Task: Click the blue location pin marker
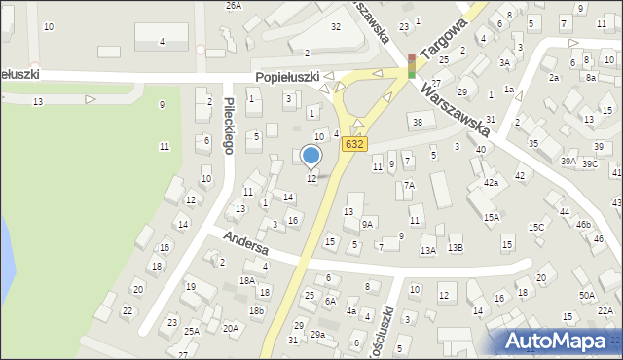click(311, 155)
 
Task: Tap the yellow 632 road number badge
click(354, 143)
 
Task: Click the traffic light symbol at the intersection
click(412, 64)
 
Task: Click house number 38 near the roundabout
click(417, 122)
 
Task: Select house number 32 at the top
click(336, 26)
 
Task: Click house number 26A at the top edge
click(234, 5)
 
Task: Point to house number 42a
click(491, 182)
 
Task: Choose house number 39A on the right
click(568, 161)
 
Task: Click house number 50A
click(586, 295)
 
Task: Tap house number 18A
click(247, 280)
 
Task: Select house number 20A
click(231, 328)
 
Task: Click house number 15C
click(536, 227)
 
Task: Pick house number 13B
click(455, 248)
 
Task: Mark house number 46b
click(582, 224)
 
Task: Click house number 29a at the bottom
click(317, 334)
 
